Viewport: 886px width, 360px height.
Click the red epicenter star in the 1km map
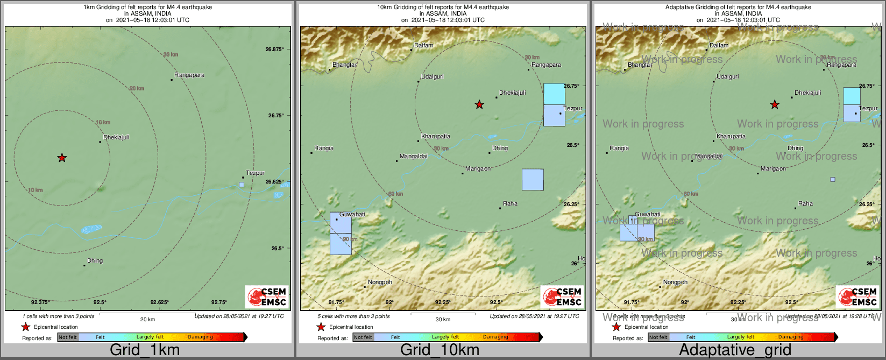(x=62, y=158)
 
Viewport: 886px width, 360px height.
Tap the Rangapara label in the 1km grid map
(x=189, y=75)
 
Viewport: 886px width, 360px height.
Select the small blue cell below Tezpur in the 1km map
(x=241, y=185)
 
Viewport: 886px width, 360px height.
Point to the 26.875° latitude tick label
(x=274, y=49)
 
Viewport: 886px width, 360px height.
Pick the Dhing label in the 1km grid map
(x=95, y=260)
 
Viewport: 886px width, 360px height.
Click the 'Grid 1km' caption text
(x=145, y=350)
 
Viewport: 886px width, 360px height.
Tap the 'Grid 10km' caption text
(x=440, y=350)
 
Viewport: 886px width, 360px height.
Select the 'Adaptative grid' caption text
(x=735, y=350)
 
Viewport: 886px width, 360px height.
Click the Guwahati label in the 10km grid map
(x=352, y=214)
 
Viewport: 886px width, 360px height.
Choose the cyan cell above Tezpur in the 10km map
(x=554, y=94)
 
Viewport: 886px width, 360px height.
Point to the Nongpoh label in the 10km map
(x=380, y=282)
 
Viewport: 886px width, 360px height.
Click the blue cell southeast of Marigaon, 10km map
(x=533, y=179)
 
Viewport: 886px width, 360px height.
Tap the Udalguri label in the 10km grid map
(x=432, y=76)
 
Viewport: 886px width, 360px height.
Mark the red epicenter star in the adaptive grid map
(x=775, y=104)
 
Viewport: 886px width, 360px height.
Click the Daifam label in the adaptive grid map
(x=719, y=45)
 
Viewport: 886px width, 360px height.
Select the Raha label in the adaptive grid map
(x=805, y=203)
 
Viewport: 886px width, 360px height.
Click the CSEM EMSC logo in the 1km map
(x=267, y=297)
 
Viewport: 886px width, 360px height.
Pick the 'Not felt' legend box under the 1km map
(x=68, y=337)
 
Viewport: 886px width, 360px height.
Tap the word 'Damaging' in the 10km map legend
(x=495, y=337)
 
